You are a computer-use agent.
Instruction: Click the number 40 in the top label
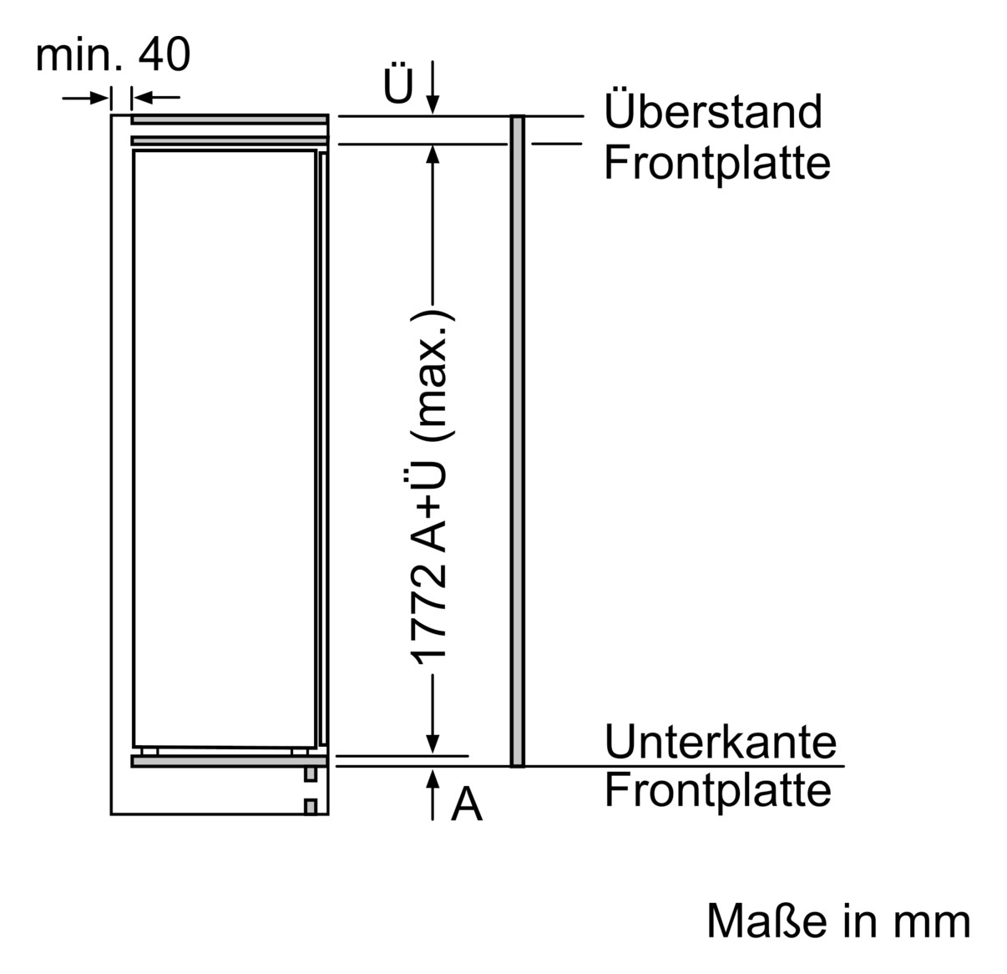(164, 55)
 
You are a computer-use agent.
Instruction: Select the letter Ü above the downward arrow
(398, 84)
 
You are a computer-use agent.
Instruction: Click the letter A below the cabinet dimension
(467, 805)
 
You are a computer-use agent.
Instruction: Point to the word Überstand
(713, 111)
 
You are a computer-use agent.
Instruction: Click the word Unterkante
(720, 742)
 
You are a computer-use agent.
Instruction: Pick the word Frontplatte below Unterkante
(717, 790)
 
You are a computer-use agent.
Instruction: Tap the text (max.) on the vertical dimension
(433, 375)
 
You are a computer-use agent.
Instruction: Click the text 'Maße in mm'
(837, 921)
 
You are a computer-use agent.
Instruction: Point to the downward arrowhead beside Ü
(433, 104)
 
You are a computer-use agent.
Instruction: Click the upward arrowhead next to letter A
(433, 779)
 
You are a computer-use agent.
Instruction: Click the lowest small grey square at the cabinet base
(311, 806)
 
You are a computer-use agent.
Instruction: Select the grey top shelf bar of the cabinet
(229, 119)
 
